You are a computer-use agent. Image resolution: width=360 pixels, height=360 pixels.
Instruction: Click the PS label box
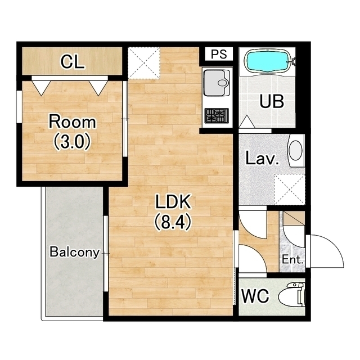[219, 54]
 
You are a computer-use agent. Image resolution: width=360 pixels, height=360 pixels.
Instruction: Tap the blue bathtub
[268, 61]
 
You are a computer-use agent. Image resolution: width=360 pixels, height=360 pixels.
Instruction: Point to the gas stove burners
[217, 115]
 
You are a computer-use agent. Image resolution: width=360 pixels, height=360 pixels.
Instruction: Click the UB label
[272, 101]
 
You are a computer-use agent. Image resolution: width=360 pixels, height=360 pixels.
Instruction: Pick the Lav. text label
[262, 158]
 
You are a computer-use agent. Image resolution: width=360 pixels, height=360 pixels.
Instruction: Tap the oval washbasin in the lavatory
[295, 150]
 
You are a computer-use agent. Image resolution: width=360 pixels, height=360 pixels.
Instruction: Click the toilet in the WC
[292, 294]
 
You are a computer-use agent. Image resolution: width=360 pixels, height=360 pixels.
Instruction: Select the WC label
[255, 296]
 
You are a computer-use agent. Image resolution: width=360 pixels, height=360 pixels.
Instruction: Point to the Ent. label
[292, 260]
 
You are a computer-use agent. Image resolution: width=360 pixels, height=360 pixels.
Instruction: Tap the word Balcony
[75, 252]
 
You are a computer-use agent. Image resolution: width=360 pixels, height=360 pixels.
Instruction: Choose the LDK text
[173, 201]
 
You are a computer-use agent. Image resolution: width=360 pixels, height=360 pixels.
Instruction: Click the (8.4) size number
[173, 222]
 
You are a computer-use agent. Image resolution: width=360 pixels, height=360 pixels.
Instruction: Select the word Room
[73, 122]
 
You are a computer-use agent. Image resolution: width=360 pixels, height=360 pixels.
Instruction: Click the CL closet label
[72, 61]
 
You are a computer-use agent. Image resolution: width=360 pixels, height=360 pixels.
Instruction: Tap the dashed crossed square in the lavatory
[290, 190]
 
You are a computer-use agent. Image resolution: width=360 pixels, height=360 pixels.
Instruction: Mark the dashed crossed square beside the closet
[144, 63]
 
